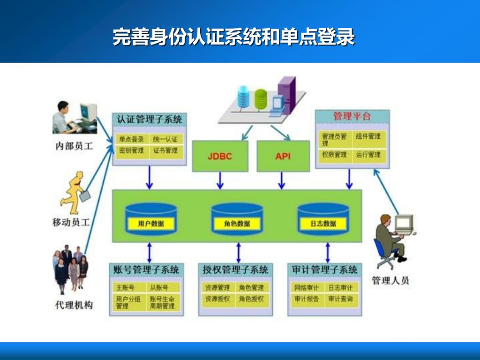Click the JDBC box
(x=219, y=156)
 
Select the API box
(x=283, y=156)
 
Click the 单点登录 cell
(x=131, y=139)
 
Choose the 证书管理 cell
(x=165, y=150)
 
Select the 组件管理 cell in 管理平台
(x=368, y=136)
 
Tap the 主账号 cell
(x=125, y=287)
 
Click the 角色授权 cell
(x=251, y=299)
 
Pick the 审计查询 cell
(x=340, y=299)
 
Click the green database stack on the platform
(x=260, y=97)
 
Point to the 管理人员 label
(x=390, y=281)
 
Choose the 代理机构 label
(x=74, y=305)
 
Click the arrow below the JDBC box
(x=219, y=180)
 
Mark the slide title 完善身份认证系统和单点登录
(x=233, y=37)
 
